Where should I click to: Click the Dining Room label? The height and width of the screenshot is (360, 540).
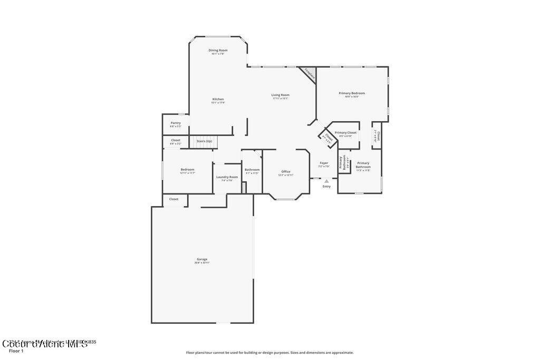[x=218, y=51]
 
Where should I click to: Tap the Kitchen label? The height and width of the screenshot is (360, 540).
[x=218, y=99]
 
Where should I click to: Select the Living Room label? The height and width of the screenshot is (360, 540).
[x=281, y=95]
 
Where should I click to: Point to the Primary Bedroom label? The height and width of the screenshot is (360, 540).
[x=352, y=93]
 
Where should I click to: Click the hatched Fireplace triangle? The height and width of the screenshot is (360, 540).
[x=309, y=73]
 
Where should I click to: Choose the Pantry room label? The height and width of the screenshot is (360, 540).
[x=176, y=123]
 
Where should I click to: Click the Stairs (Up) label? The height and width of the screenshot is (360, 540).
[x=204, y=141]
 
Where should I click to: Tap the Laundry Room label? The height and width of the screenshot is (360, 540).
[x=227, y=177]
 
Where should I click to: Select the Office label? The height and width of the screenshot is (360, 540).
[x=286, y=171]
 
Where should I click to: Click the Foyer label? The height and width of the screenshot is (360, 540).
[x=324, y=163]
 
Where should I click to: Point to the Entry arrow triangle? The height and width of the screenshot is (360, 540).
[x=326, y=181]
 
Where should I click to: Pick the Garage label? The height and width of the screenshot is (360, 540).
[x=202, y=259]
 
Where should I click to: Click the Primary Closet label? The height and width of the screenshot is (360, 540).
[x=345, y=133]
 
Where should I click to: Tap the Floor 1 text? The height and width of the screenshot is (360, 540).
[x=16, y=351]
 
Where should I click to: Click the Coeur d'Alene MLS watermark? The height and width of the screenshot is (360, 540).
[x=45, y=344]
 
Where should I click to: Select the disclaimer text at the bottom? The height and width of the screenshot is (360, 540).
[x=269, y=353]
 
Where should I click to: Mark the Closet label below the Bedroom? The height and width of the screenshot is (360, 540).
[x=173, y=199]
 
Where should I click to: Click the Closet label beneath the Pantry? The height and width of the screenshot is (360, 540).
[x=176, y=140]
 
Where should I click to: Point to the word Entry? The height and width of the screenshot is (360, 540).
[x=326, y=186]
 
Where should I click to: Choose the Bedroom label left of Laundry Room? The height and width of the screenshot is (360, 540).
[x=188, y=170]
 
